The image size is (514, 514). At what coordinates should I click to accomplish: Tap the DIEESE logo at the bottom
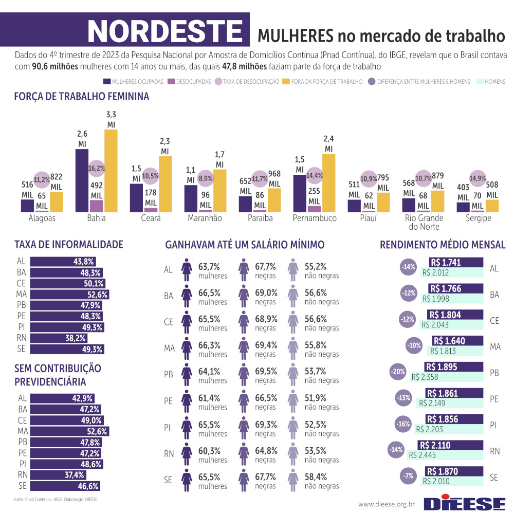(x=465, y=503)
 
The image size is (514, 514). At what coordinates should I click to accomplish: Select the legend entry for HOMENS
(x=491, y=82)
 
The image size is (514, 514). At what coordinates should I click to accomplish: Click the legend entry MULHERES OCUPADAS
(x=133, y=82)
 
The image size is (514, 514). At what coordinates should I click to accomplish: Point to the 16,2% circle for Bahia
(x=96, y=168)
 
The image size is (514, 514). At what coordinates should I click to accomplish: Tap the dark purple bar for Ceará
(x=136, y=197)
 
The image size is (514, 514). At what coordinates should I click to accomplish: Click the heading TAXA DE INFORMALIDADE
(x=69, y=244)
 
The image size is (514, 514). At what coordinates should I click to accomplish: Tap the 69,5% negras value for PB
(x=266, y=371)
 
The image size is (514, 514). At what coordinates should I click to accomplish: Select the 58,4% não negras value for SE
(x=316, y=476)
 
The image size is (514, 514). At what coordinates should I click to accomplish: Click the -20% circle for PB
(x=397, y=372)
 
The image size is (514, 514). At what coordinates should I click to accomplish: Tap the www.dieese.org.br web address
(x=386, y=504)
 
